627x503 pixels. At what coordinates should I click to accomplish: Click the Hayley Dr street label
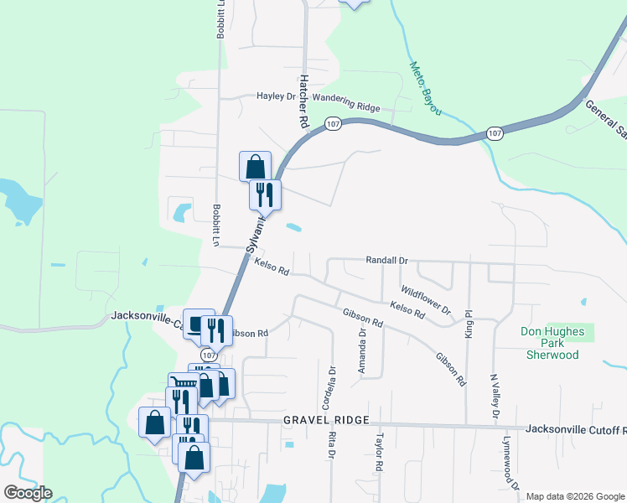[277, 96]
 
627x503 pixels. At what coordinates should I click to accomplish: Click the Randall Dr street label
[386, 261]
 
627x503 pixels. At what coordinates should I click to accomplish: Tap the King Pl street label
[469, 324]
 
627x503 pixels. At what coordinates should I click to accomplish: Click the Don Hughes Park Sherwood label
[552, 343]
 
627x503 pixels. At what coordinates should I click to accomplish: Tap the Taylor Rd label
[380, 451]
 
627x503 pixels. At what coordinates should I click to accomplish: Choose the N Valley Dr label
[495, 396]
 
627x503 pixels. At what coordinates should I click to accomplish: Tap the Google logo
[28, 493]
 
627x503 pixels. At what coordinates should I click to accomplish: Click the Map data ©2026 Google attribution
[574, 496]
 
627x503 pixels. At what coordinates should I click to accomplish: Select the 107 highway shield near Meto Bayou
[495, 133]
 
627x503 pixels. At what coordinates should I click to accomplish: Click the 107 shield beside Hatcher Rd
[333, 124]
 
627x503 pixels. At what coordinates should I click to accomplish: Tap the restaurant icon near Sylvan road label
[265, 194]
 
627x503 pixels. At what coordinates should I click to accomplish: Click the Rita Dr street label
[332, 444]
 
